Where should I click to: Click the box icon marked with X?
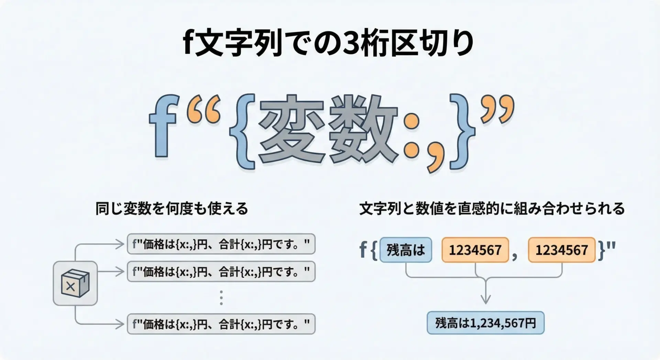click(75, 283)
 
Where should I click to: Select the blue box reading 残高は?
click(406, 250)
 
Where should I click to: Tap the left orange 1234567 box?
click(475, 250)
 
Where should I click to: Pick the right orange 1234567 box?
click(562, 250)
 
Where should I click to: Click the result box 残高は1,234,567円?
click(485, 323)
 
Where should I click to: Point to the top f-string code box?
click(221, 244)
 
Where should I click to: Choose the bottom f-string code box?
click(221, 324)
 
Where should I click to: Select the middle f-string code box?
click(221, 272)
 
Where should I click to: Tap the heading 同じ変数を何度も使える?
click(172, 208)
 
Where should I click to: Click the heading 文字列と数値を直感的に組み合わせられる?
click(492, 208)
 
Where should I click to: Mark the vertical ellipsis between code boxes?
click(221, 298)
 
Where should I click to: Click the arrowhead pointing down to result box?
click(485, 299)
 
